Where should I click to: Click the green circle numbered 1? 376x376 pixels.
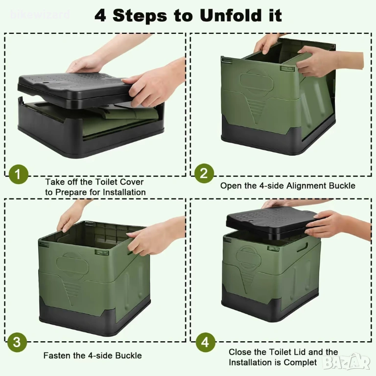click(19, 174)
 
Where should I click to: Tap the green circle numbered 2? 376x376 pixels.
click(204, 173)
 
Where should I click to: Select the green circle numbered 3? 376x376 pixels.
click(17, 342)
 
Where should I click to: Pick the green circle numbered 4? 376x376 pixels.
click(205, 342)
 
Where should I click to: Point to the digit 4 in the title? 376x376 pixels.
click(100, 15)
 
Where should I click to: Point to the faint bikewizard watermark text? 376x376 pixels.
click(40, 14)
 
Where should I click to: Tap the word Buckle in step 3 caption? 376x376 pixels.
click(129, 355)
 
